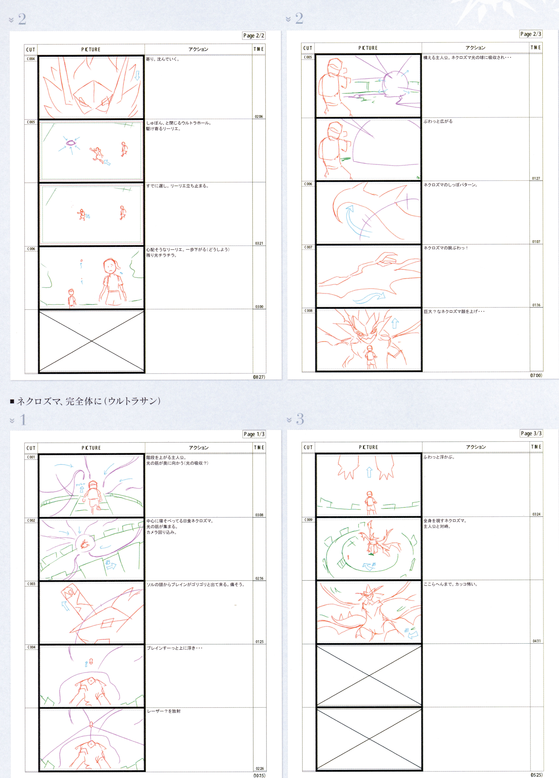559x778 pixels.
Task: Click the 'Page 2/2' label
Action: (254, 36)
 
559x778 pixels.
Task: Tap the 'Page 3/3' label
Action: (531, 433)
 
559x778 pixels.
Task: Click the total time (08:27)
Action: (259, 377)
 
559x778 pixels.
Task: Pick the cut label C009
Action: (308, 520)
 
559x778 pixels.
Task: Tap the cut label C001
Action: (31, 457)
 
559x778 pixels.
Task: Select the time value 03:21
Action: (259, 243)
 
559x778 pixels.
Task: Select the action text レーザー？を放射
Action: (164, 711)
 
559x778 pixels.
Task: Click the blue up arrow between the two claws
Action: (369, 472)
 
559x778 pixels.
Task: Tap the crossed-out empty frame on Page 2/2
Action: (92, 341)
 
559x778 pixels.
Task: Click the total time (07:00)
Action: (536, 375)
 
